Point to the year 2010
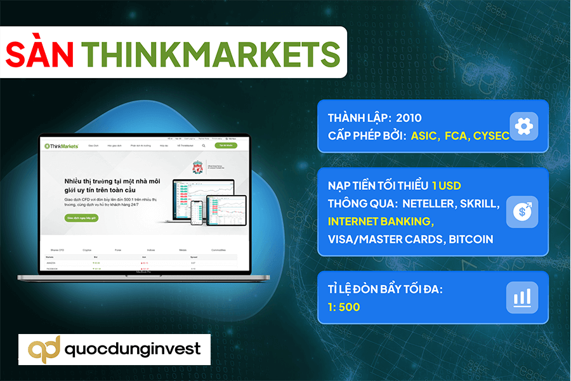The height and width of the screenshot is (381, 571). pos(408,118)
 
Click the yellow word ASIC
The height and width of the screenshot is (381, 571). pos(424,135)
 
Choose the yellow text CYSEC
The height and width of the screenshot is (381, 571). pos(491,135)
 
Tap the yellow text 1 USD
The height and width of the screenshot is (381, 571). pos(446,186)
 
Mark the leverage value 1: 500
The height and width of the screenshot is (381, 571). pos(344,307)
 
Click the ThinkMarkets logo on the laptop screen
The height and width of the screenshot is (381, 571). pos(61,146)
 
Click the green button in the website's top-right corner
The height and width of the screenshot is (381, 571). pos(223,145)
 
